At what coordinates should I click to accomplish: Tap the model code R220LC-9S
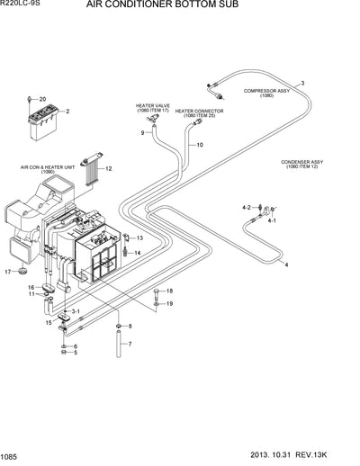(22, 5)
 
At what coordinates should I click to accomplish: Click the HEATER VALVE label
(152, 107)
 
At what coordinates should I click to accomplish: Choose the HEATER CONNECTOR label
(199, 112)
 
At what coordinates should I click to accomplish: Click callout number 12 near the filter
(108, 168)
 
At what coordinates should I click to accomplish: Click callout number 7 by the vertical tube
(130, 344)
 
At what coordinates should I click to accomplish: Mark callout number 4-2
(247, 208)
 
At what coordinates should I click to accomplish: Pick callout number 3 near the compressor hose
(302, 83)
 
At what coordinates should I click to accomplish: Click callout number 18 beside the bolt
(169, 291)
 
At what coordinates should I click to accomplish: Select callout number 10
(199, 145)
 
